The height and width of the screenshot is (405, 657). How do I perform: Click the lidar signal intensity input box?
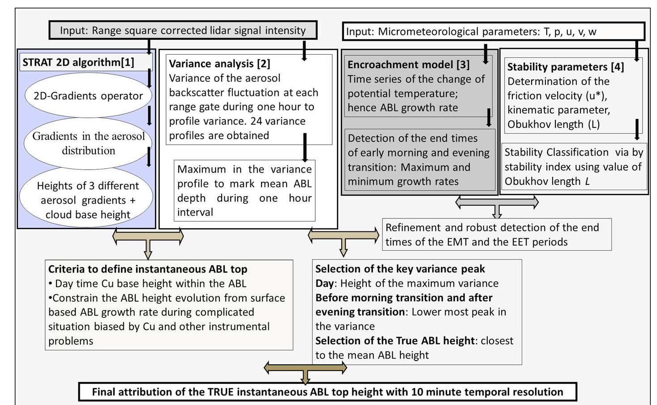tap(183, 30)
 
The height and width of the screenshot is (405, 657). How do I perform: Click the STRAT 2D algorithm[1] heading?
tap(78, 62)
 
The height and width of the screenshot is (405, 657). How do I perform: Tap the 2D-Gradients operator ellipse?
tap(88, 96)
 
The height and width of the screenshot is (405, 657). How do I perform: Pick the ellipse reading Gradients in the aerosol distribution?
tap(88, 143)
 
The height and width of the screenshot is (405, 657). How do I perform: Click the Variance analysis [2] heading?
tap(219, 64)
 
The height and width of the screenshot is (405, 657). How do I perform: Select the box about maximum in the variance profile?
tap(244, 191)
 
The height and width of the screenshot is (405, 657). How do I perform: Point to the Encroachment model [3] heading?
tap(408, 64)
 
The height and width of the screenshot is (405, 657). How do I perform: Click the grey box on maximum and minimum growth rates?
tap(418, 160)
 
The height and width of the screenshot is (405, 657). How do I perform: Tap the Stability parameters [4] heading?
tap(565, 67)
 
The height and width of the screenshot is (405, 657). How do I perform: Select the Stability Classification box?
tap(573, 166)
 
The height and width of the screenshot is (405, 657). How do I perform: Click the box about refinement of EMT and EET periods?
tap(496, 234)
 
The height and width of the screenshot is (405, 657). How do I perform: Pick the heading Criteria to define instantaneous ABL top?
tap(148, 269)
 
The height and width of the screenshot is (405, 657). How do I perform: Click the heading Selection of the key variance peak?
tap(400, 269)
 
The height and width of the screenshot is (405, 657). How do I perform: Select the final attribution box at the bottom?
tap(327, 392)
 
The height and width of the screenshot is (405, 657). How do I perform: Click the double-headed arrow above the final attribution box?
tap(305, 368)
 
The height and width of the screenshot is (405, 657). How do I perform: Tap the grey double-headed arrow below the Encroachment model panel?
tap(497, 203)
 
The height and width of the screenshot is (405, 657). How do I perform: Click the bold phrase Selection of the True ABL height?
tap(395, 341)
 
